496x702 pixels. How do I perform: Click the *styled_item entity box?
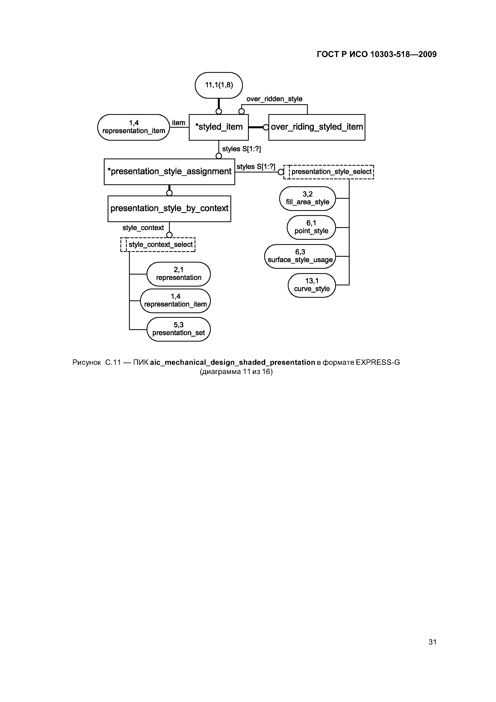219,127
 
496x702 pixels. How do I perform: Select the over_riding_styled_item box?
317,127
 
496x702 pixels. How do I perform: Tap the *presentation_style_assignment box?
169,171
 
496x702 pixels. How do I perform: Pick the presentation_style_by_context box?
169,209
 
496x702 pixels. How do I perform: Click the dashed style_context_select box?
158,245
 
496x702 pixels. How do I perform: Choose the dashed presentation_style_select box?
329,172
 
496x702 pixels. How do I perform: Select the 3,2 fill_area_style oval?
307,199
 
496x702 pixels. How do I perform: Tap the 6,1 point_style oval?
311,227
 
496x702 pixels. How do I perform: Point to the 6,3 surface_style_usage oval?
300,256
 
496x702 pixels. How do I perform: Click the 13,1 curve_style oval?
312,285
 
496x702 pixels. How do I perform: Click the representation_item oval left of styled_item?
134,127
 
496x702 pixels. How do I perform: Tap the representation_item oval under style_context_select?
175,301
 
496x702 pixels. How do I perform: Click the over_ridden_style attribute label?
274,99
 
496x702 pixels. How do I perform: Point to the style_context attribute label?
143,228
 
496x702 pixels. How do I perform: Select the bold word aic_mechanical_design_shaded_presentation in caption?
233,363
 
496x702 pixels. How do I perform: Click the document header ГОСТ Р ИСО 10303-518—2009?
377,54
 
